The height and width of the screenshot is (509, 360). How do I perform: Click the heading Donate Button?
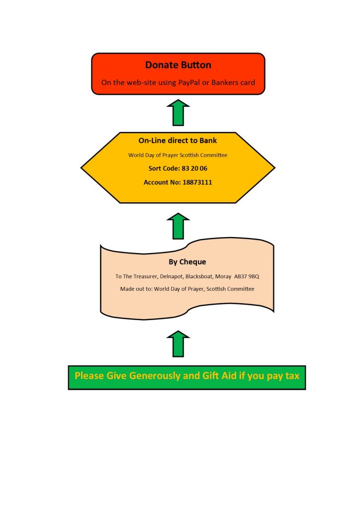coord(178,65)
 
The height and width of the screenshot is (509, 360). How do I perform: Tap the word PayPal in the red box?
coord(189,83)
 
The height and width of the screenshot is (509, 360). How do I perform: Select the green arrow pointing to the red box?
coord(178,112)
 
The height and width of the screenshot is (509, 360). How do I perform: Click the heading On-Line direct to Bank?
coord(178,141)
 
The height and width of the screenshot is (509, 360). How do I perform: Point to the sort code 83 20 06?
coord(194,169)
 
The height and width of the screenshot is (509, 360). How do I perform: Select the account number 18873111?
coord(197,182)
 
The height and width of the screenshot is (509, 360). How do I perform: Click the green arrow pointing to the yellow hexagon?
coord(178,226)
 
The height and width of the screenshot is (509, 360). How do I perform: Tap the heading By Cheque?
coord(187,262)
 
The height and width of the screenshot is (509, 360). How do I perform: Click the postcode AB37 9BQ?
coord(247,276)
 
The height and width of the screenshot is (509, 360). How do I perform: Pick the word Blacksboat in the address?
coord(199,276)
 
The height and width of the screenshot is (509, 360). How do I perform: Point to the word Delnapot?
coord(172,276)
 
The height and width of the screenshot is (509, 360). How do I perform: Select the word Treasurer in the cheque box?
coord(145,276)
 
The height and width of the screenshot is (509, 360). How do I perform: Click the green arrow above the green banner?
coord(178,344)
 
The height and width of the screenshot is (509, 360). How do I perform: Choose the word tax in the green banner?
coord(292,376)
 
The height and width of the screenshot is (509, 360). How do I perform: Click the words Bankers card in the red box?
coord(233,83)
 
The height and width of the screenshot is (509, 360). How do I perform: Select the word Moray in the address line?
coord(223,276)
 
